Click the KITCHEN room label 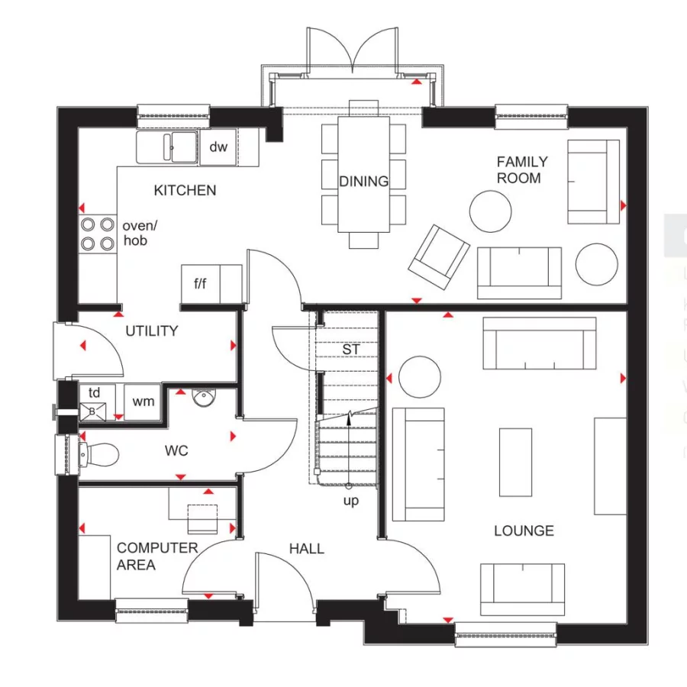click(185, 190)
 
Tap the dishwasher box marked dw click(218, 147)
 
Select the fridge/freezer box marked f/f click(201, 284)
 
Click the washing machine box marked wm click(142, 402)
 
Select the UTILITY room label click(151, 331)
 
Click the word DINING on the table click(364, 182)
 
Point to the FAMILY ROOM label click(521, 169)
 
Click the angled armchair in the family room click(439, 256)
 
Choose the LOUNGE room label click(524, 531)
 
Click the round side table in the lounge click(418, 376)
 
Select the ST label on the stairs click(350, 350)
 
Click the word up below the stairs click(350, 502)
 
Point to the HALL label click(306, 548)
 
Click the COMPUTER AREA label click(147, 556)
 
